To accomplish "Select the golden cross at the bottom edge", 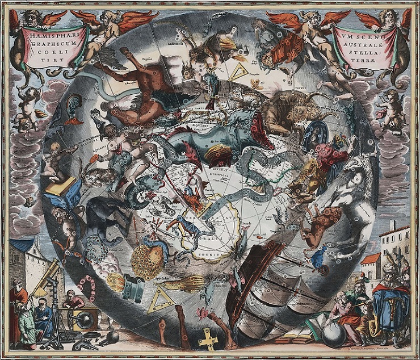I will (208, 339).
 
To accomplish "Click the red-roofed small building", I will (369, 267).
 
